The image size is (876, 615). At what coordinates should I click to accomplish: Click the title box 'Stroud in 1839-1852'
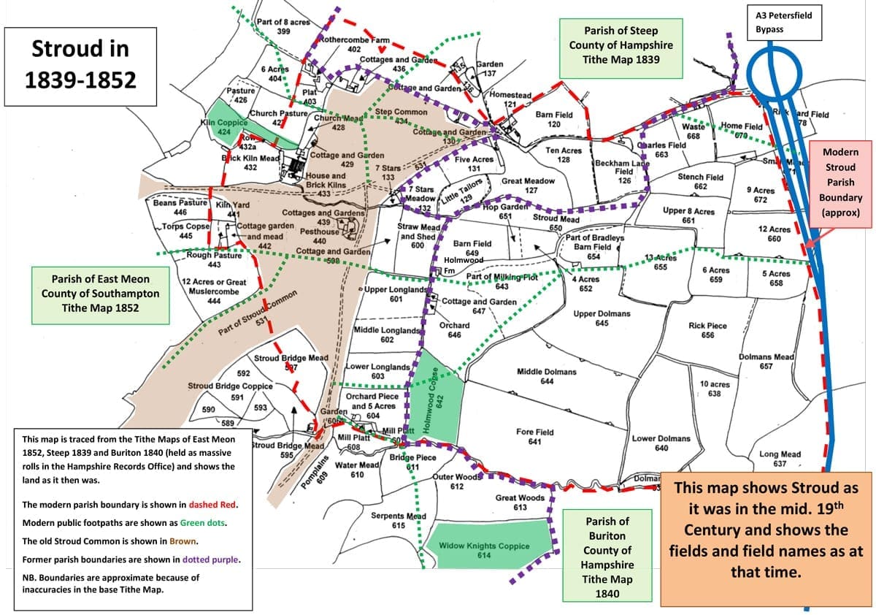click(81, 64)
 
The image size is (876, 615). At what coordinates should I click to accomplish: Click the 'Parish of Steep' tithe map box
click(620, 49)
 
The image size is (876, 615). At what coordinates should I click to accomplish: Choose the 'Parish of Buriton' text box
click(607, 557)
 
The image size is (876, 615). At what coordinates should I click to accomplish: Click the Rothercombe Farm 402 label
click(354, 45)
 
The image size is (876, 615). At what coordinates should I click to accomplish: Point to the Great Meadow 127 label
click(529, 186)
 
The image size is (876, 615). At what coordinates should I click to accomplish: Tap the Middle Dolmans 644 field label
click(546, 376)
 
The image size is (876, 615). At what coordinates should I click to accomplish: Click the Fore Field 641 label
click(534, 436)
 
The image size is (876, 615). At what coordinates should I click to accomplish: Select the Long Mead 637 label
click(780, 459)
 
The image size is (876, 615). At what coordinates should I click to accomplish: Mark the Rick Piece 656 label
click(707, 330)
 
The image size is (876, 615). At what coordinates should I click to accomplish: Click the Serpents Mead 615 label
click(399, 520)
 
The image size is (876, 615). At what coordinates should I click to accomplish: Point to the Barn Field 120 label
click(553, 119)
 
